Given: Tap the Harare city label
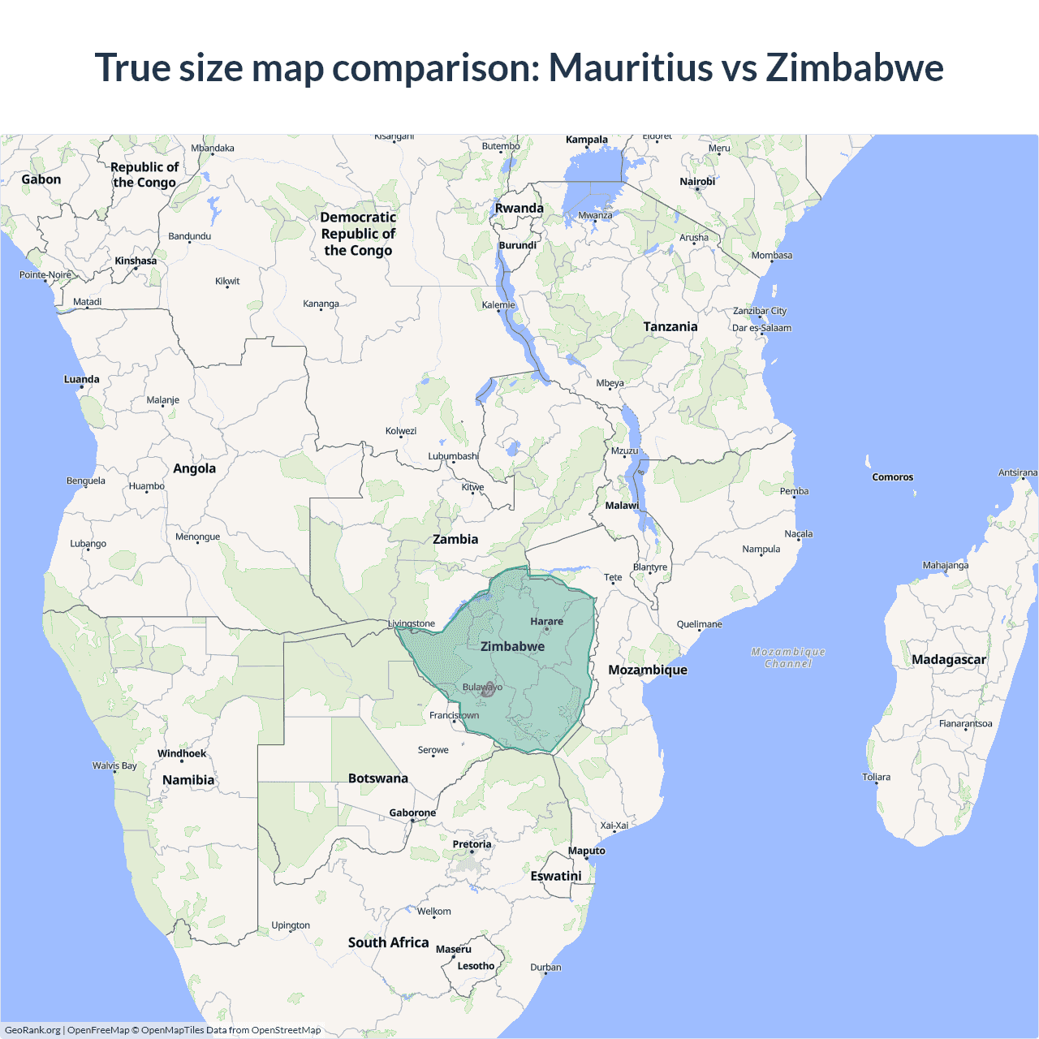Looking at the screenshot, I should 546,622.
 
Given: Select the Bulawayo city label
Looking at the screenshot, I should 482,688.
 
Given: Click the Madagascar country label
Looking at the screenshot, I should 948,660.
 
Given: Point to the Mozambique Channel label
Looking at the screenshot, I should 788,657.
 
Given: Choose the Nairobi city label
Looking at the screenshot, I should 697,182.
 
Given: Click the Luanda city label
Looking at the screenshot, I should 82,379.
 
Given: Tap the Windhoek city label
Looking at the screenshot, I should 182,753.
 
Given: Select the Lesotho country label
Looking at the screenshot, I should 476,966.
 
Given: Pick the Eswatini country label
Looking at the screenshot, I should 556,877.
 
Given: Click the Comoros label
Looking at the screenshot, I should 893,477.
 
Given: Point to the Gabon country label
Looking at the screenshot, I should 41,179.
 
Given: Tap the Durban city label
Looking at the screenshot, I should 545,967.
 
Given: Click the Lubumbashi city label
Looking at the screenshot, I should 453,456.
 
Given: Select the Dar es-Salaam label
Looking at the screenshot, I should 761,328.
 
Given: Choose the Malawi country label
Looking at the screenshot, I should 622,506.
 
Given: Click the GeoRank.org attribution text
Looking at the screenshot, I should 32,1030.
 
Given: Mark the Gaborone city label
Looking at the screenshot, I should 412,813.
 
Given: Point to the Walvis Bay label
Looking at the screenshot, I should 114,765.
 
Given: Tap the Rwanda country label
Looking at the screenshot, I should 519,209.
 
